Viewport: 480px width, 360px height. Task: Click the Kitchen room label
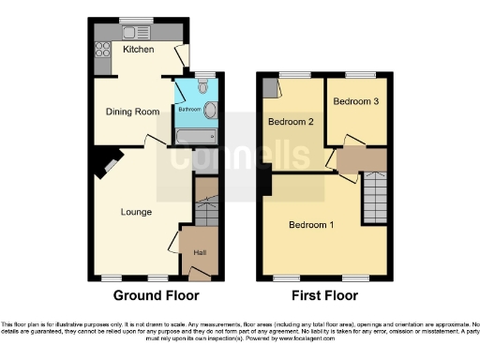coord(139,51)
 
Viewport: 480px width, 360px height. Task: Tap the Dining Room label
coord(129,112)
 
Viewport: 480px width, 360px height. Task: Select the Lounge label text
coord(137,212)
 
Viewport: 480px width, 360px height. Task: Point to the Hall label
coord(200,252)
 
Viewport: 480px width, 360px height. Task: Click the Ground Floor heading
coord(157,296)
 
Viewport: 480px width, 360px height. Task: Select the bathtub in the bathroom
coord(196,138)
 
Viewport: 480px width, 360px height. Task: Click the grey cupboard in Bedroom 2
coord(270,88)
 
